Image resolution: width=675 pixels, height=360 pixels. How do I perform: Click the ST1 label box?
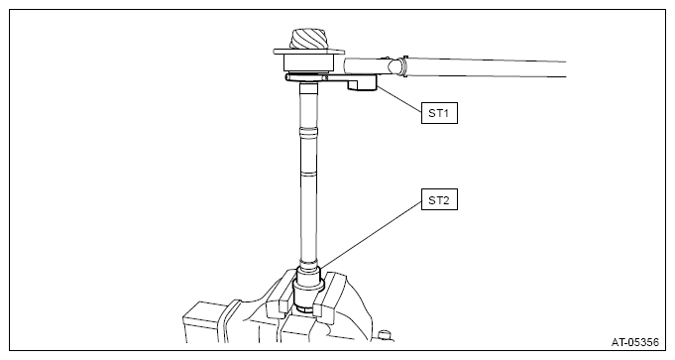point(439,113)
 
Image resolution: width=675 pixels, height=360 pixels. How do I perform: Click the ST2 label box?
point(439,199)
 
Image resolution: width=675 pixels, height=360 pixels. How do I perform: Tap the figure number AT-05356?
point(635,342)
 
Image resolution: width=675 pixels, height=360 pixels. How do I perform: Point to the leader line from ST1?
point(398,99)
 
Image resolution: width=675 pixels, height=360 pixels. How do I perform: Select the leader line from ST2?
point(371,233)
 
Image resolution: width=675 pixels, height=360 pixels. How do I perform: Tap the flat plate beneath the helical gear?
point(309,53)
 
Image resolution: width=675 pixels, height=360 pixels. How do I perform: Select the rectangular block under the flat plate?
point(308,62)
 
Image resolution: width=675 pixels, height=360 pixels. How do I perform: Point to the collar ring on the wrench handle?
point(404,67)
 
